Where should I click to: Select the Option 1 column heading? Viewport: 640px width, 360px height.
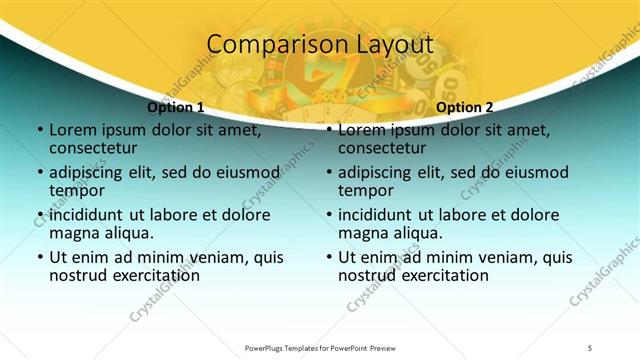(x=176, y=107)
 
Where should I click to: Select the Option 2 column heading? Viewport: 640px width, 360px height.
(x=464, y=107)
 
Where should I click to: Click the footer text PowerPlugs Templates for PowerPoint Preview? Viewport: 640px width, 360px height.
(x=320, y=348)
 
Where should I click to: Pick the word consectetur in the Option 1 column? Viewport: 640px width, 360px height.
(x=96, y=148)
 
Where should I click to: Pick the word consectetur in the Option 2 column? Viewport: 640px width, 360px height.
(x=385, y=148)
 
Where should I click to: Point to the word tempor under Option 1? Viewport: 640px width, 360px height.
(x=76, y=190)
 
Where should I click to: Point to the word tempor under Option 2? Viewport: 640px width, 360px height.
(x=365, y=190)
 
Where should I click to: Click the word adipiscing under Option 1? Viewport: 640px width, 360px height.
(x=92, y=172)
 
